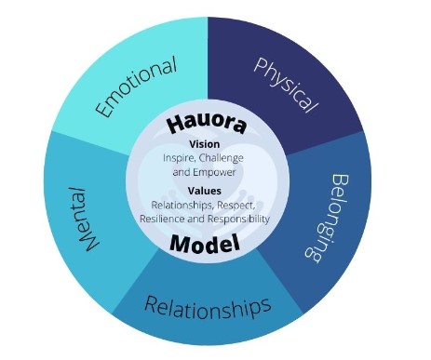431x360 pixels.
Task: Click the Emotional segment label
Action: pyautogui.click(x=136, y=87)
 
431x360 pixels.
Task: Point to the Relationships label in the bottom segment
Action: pyautogui.click(x=208, y=307)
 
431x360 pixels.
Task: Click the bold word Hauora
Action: pyautogui.click(x=207, y=125)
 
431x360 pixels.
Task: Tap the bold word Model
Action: pyautogui.click(x=205, y=244)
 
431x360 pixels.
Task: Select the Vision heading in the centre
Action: pyautogui.click(x=205, y=144)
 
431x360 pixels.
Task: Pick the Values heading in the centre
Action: pyautogui.click(x=205, y=191)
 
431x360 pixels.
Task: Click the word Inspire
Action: pyautogui.click(x=179, y=158)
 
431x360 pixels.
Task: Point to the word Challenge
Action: pyautogui.click(x=221, y=158)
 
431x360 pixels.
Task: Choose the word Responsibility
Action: pyautogui.click(x=238, y=220)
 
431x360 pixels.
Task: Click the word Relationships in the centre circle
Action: pyautogui.click(x=182, y=206)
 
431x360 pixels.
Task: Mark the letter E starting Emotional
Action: pyautogui.click(x=103, y=108)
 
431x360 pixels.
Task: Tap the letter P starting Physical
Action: pyautogui.click(x=261, y=65)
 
